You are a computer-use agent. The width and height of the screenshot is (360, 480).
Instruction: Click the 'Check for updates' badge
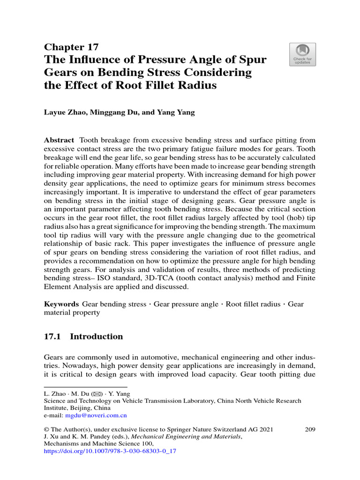coord(302,54)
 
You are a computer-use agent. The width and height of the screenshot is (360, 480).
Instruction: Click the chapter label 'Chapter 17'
coord(71,47)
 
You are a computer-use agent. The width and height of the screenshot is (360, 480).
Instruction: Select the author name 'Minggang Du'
coord(113,113)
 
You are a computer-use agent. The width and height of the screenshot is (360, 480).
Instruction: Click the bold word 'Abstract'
coord(59,140)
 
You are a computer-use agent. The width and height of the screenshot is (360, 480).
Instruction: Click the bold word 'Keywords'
coord(61,304)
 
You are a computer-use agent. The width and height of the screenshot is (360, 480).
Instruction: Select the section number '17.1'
coord(52,337)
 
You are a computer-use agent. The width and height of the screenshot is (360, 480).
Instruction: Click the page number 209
coord(310,429)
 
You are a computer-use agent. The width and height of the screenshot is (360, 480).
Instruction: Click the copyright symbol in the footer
coord(46,430)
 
